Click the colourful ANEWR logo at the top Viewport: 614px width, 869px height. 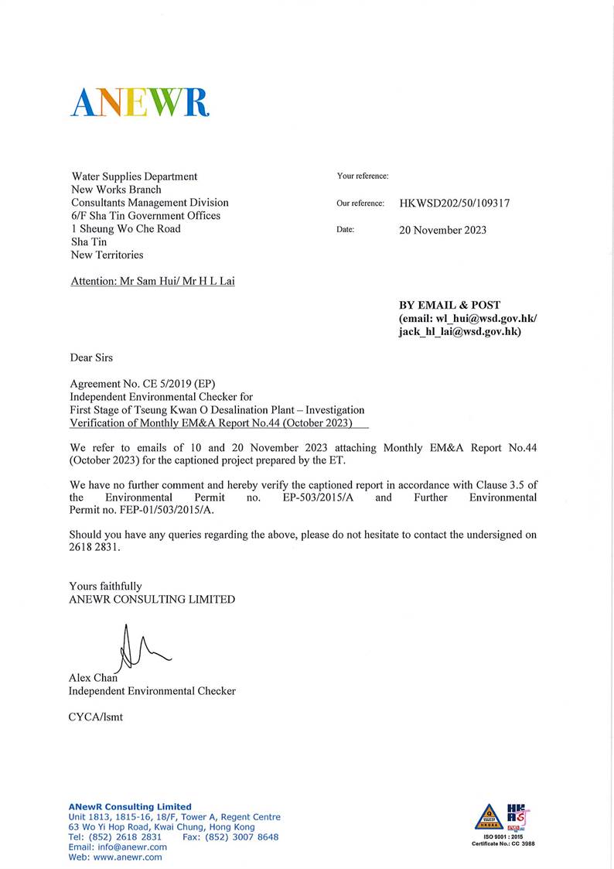click(140, 102)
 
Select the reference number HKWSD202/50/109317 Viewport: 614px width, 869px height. click(454, 204)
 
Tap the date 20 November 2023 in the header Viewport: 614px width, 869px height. click(442, 230)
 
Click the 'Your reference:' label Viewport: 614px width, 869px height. click(363, 176)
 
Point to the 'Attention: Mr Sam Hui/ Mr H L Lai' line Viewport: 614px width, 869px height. click(152, 281)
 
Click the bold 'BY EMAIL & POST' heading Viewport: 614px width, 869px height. click(449, 306)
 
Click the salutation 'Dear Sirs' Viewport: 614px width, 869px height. click(91, 358)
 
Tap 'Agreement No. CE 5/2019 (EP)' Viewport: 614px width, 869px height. click(142, 384)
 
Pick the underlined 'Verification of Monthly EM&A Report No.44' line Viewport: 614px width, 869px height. click(211, 423)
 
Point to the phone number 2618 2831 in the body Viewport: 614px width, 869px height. click(95, 546)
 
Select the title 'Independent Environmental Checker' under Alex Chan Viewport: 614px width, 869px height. click(152, 691)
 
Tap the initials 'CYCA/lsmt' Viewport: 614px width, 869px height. click(95, 717)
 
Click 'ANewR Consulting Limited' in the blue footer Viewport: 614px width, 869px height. click(129, 806)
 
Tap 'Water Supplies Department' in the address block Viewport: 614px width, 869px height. click(134, 176)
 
